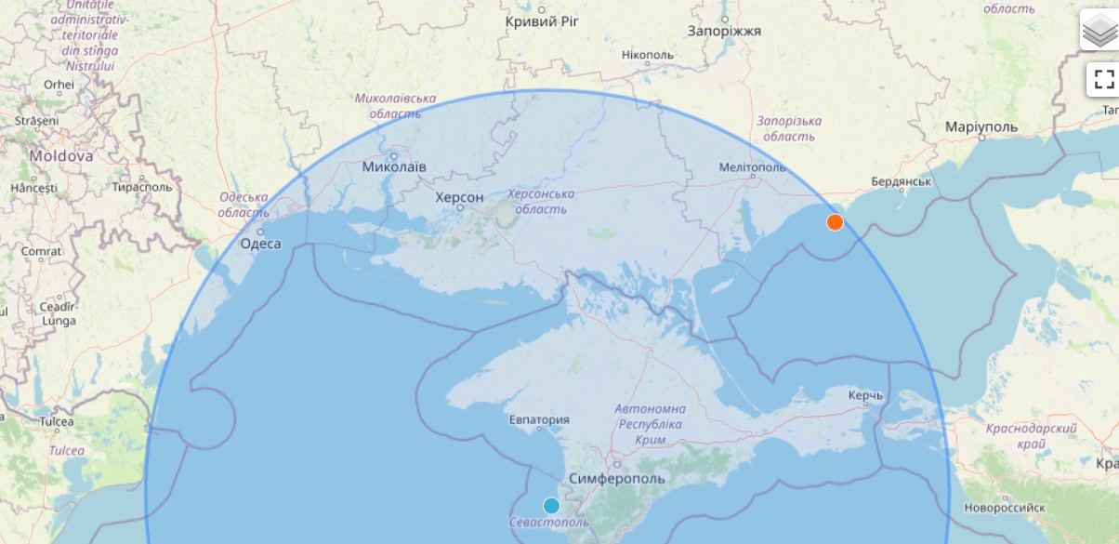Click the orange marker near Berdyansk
click(835, 222)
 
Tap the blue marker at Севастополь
click(551, 506)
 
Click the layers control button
click(1099, 30)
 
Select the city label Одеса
click(260, 244)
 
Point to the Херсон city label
click(459, 198)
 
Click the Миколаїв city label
click(394, 167)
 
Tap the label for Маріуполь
click(981, 126)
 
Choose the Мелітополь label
click(752, 167)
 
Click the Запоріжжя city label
click(724, 31)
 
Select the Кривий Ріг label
click(542, 21)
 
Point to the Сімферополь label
click(616, 478)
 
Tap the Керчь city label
click(865, 396)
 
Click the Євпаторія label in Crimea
click(539, 419)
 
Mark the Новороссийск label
click(1005, 508)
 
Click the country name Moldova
click(60, 156)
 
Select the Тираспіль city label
click(142, 186)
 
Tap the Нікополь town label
click(648, 55)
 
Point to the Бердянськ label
click(902, 181)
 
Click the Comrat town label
click(42, 251)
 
